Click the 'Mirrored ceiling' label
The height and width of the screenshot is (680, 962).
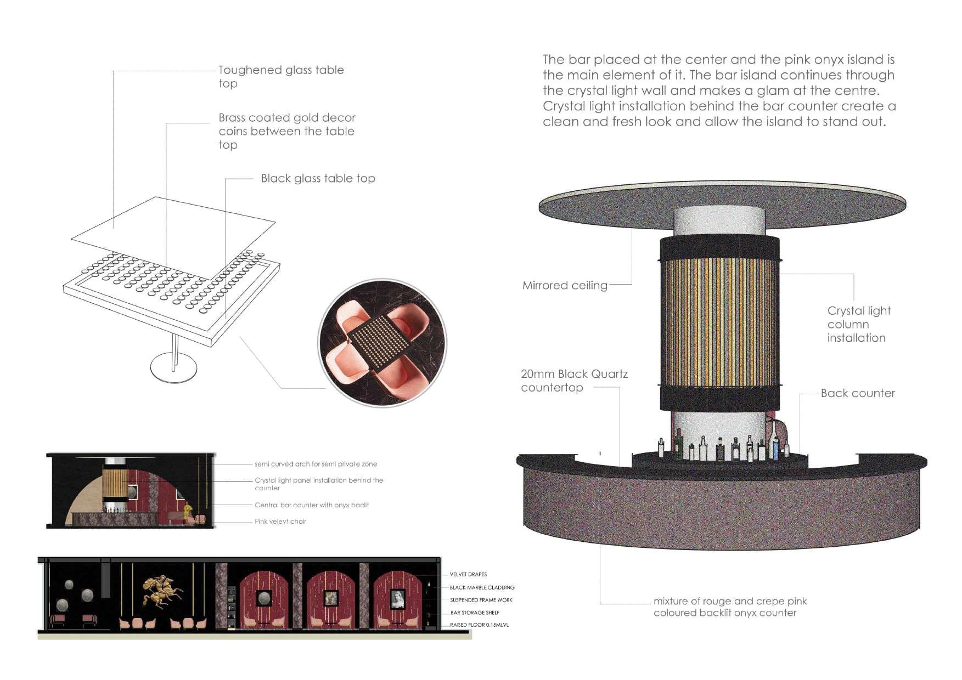[x=565, y=285]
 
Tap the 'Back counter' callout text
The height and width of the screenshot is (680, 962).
[x=858, y=393]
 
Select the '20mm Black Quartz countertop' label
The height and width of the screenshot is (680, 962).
[x=574, y=381]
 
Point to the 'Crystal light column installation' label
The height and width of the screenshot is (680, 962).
[x=859, y=324]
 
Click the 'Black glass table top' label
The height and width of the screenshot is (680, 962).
[x=318, y=178]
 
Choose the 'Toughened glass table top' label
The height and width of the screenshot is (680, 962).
[x=281, y=77]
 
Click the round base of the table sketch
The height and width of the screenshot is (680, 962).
[x=174, y=369]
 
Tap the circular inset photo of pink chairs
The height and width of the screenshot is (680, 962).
[x=382, y=343]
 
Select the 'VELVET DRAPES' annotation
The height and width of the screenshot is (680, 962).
[x=468, y=575]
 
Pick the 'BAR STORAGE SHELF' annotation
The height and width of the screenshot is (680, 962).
[x=475, y=613]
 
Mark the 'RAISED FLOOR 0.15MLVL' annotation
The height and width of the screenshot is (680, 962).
[x=479, y=625]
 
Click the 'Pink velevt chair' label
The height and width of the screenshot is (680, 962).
[x=280, y=522]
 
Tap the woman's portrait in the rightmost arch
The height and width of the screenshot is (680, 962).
[x=397, y=599]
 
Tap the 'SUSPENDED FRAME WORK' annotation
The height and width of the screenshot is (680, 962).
[x=481, y=600]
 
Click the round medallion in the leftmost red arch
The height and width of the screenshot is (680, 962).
[x=265, y=598]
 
